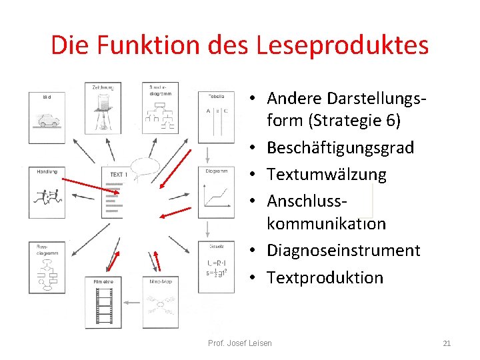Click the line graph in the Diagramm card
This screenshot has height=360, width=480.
pos(217,194)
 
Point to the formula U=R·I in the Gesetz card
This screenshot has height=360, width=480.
pos(217,263)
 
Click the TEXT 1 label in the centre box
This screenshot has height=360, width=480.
pos(117,174)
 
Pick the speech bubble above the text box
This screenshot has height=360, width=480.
pos(146,165)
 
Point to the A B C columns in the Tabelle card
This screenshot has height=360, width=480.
pos(217,111)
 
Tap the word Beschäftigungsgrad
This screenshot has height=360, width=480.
pos(340,147)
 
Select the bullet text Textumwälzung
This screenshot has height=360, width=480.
pos(326,175)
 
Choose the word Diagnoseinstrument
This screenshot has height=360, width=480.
pos(343,251)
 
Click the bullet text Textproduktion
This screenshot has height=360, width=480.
pos(325,278)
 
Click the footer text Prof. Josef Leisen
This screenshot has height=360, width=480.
pos(240,343)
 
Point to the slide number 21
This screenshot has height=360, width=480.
pos(447,343)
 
